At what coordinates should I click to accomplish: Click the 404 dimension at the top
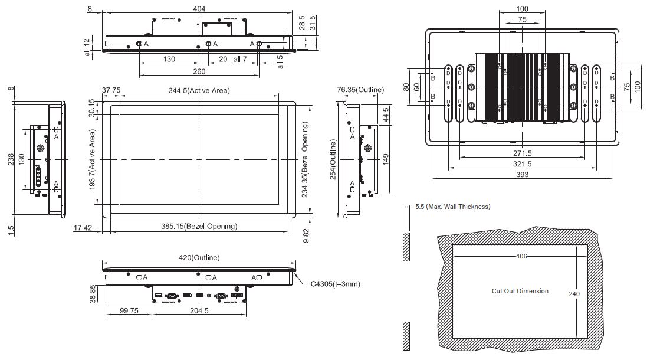pos(199,9)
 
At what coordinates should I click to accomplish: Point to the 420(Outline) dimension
pos(199,257)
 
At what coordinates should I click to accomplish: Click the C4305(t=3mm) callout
pos(335,284)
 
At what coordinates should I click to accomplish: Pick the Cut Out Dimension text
pos(520,291)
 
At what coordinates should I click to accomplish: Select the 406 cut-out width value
pos(521,256)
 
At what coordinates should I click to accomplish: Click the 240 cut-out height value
pos(576,293)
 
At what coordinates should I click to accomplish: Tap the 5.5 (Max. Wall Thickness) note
pos(452,207)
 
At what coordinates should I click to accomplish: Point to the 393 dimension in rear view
pos(523,175)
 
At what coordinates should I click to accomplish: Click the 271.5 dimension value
pos(523,153)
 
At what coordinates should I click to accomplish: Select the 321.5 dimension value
pos(523,164)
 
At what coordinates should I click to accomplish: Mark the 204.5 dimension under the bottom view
pos(199,311)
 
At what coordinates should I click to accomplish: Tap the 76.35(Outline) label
pos(360,90)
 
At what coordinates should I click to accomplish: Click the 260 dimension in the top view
pos(199,71)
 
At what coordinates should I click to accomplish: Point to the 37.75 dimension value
pos(111,90)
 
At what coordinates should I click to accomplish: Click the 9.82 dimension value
pos(306,234)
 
